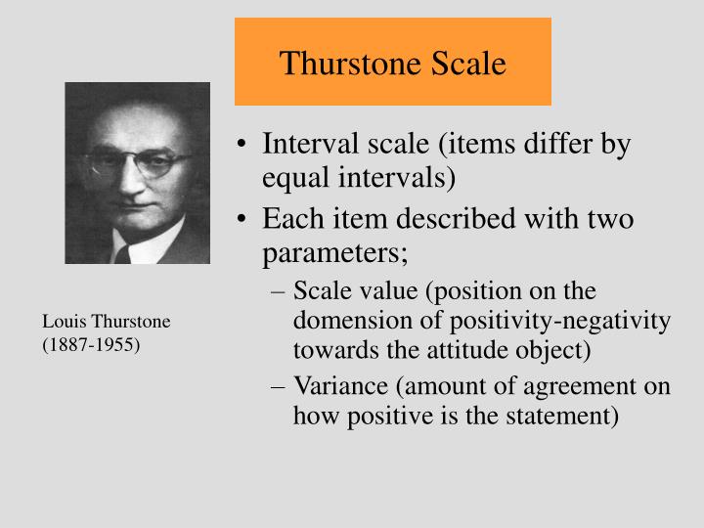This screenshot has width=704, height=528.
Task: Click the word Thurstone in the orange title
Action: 350,64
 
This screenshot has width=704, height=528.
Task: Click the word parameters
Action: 334,253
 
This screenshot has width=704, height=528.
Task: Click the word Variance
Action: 336,386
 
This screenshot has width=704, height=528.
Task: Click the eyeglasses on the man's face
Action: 138,162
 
